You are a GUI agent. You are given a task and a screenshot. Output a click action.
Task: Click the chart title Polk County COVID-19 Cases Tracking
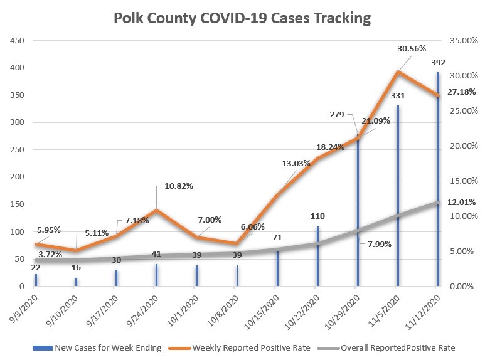pyautogui.click(x=242, y=18)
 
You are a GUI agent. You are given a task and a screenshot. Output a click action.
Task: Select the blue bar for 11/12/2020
pyautogui.click(x=437, y=182)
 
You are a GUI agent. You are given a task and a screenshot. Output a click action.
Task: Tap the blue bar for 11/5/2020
pyautogui.click(x=397, y=201)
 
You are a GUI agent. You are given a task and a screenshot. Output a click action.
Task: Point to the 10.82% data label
pyautogui.click(x=179, y=186)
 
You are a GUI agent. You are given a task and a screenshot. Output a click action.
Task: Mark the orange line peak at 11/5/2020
pyautogui.click(x=397, y=72)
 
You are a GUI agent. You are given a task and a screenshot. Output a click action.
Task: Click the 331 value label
pyautogui.click(x=398, y=96)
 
